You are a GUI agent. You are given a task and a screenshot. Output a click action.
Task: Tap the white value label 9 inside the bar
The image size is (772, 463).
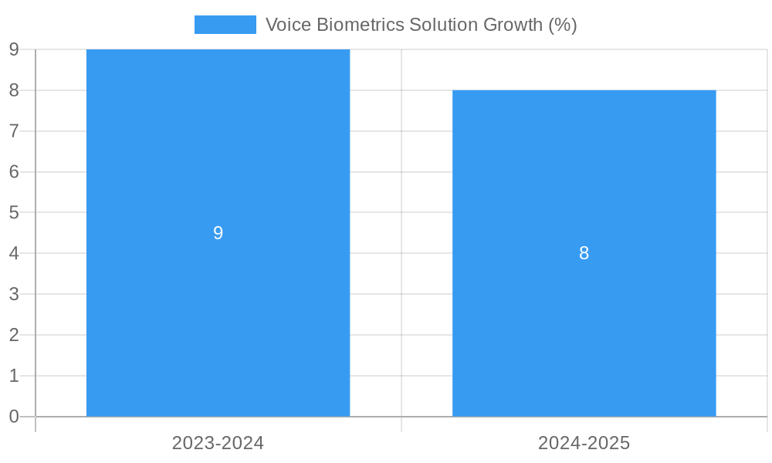coord(218,233)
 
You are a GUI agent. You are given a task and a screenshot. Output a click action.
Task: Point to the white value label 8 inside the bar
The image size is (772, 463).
coord(584,253)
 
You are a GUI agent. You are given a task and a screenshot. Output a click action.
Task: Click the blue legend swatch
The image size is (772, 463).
coord(225,25)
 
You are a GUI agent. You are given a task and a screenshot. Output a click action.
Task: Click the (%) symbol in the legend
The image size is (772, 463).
coord(563,25)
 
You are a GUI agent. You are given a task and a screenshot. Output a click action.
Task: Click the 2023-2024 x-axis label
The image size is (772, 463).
coord(218,443)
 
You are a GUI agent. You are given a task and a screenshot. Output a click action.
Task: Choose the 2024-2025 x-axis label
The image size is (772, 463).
coord(584,443)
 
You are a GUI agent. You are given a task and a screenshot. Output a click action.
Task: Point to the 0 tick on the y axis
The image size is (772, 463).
coord(14,417)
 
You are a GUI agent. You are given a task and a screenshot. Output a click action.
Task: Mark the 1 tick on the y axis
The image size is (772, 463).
coord(14,376)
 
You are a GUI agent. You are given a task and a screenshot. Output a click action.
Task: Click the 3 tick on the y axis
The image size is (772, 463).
coord(14,294)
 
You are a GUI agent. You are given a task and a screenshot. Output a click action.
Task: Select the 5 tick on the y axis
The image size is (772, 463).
coord(14,212)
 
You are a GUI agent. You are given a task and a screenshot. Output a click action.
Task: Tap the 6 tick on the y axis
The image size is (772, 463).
coord(14,172)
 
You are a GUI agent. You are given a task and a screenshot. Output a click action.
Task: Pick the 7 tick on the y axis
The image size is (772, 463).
coord(14,131)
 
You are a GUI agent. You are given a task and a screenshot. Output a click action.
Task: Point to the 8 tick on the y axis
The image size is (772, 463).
coord(14,90)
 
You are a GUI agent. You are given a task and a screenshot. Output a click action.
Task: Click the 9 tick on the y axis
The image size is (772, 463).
coord(14,50)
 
